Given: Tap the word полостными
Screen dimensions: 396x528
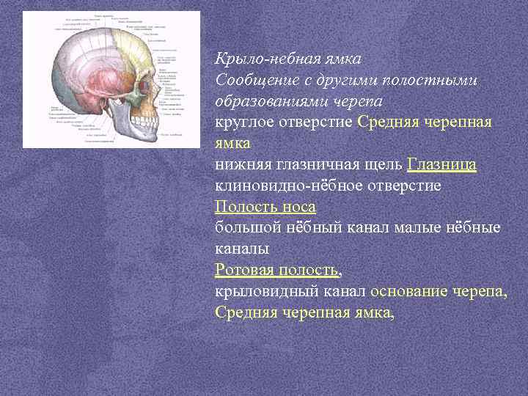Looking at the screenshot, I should click(435, 79).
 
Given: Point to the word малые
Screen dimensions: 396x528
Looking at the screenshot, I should click(417, 229).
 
